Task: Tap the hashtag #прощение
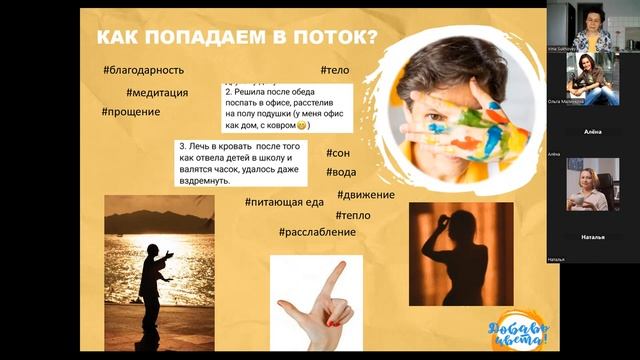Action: pyautogui.click(x=130, y=112)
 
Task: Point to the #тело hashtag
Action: pyautogui.click(x=335, y=70)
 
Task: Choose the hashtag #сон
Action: pyautogui.click(x=337, y=153)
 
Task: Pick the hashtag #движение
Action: pyautogui.click(x=365, y=194)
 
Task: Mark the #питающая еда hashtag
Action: pyautogui.click(x=284, y=202)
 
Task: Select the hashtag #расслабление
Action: pyautogui.click(x=320, y=232)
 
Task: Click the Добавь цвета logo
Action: pyautogui.click(x=519, y=327)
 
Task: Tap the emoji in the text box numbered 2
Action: pyautogui.click(x=302, y=126)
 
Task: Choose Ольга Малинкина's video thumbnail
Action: pyautogui.click(x=592, y=80)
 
